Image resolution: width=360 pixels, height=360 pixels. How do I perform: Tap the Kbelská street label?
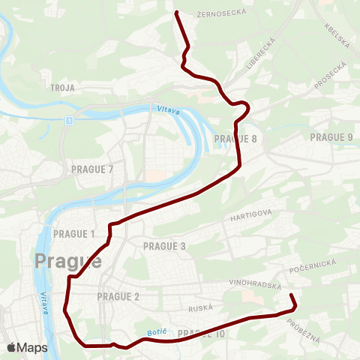click(337, 34)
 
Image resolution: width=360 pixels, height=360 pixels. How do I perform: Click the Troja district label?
click(61, 88)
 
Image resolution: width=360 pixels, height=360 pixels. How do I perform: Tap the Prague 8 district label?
click(235, 139)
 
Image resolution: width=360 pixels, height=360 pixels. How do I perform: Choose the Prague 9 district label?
click(331, 136)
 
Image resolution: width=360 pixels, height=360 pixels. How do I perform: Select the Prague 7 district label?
click(92, 169)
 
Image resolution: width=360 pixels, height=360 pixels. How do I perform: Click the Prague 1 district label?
click(74, 234)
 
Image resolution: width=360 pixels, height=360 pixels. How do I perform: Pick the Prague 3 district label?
click(164, 246)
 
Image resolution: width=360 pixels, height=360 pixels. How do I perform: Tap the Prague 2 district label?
click(118, 296)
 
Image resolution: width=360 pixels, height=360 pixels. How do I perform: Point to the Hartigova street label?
click(250, 215)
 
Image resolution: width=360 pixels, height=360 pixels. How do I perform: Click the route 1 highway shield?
click(68, 120)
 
